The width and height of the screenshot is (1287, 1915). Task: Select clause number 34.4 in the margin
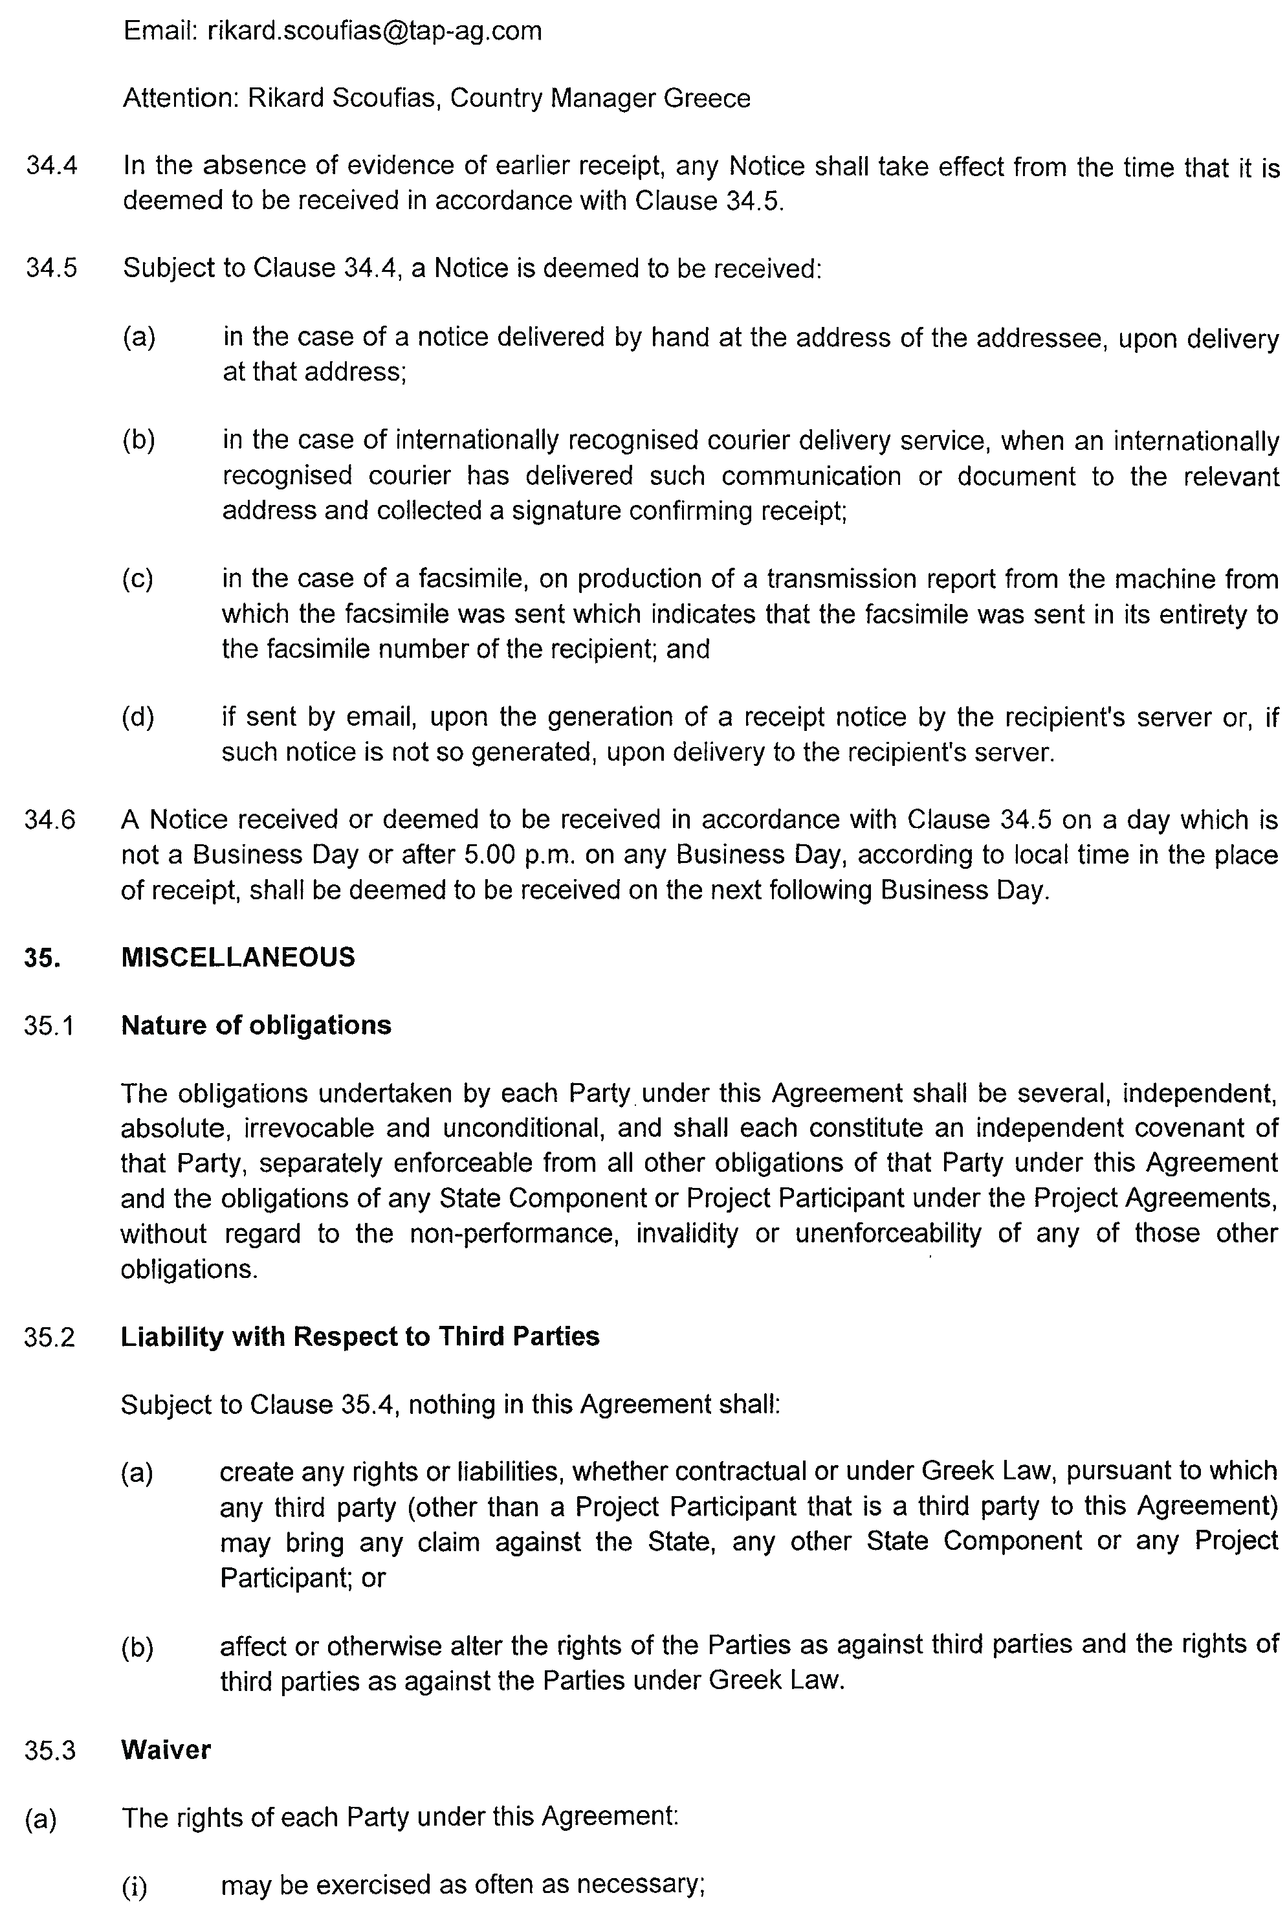(52, 166)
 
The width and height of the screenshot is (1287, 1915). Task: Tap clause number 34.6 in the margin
(50, 820)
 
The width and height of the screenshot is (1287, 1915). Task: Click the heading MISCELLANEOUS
(238, 957)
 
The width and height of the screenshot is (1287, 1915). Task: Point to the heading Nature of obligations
(256, 1025)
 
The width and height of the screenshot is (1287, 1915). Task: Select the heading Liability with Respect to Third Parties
(360, 1336)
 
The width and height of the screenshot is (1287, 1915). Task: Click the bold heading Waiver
(166, 1750)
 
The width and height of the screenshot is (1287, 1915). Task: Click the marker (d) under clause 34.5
(138, 718)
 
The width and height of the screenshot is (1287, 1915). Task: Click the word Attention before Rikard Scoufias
(181, 98)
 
